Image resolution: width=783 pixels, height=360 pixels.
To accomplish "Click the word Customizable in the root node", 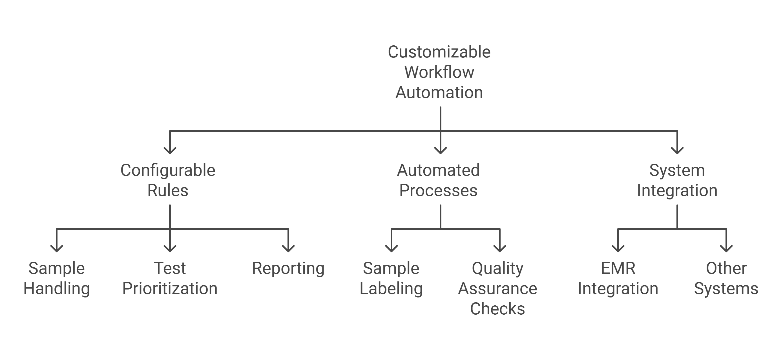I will [x=439, y=52].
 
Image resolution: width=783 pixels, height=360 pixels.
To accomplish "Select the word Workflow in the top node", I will [x=439, y=72].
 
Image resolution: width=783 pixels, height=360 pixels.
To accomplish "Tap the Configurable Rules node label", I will [x=168, y=180].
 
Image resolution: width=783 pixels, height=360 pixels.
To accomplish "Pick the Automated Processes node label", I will [x=438, y=180].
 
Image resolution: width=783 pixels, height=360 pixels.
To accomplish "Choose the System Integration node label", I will [x=677, y=180].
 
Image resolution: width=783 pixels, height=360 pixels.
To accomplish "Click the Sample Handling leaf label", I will [x=57, y=278].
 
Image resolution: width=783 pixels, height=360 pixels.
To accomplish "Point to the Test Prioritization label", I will [x=170, y=278].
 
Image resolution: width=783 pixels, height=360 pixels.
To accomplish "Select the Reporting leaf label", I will [x=288, y=268].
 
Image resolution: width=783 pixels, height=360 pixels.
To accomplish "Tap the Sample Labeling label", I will [x=391, y=278].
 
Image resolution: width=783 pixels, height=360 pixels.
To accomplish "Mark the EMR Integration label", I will [x=618, y=278].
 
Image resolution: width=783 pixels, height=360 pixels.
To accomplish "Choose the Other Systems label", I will [x=726, y=278].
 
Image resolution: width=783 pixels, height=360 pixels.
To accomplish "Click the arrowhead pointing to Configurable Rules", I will [x=170, y=150].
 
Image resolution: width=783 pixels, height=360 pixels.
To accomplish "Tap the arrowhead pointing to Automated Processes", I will [x=441, y=150].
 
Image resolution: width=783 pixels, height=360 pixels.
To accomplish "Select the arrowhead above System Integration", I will [x=677, y=150].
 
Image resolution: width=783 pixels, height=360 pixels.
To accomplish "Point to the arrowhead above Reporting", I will [x=288, y=248].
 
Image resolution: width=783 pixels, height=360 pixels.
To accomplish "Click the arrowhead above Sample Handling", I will [x=57, y=248].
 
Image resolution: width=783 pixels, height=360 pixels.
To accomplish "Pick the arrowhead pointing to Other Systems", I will [x=726, y=248].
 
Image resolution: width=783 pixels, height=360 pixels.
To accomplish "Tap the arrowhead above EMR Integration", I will [x=618, y=248].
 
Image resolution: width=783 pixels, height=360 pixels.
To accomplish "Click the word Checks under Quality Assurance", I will [x=497, y=309].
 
